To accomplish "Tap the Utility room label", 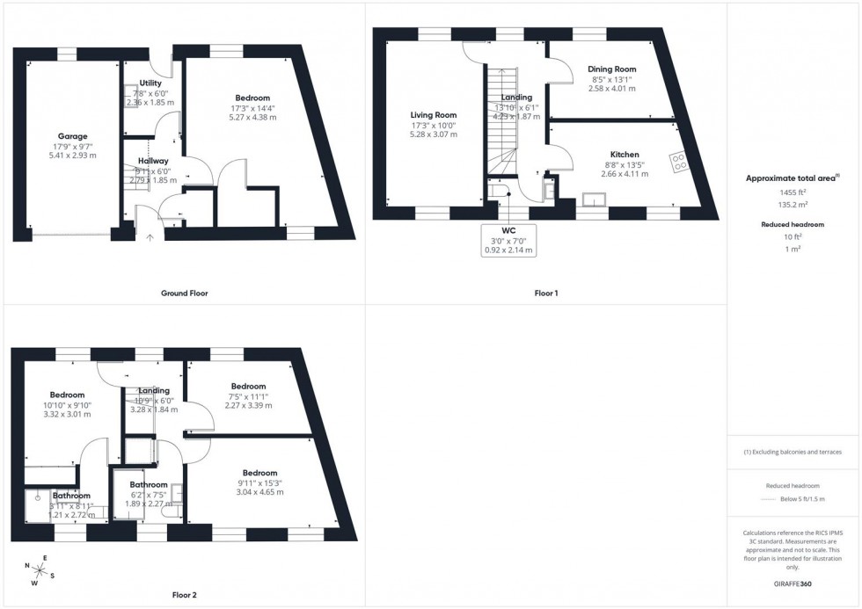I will tap(150, 83).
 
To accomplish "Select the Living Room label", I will tap(434, 114).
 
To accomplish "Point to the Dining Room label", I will tap(611, 69).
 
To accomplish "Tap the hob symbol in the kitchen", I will tap(680, 161).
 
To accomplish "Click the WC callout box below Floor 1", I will tap(508, 239).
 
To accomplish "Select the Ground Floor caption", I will tap(184, 293).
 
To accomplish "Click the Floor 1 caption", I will tap(545, 293).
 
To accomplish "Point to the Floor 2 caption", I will tap(184, 595).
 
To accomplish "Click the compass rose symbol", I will tap(40, 571).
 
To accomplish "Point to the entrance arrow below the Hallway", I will tap(150, 236).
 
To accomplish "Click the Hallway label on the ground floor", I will tap(152, 161).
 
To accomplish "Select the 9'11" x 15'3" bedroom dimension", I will tap(259, 482).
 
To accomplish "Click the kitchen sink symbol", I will tap(595, 200).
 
